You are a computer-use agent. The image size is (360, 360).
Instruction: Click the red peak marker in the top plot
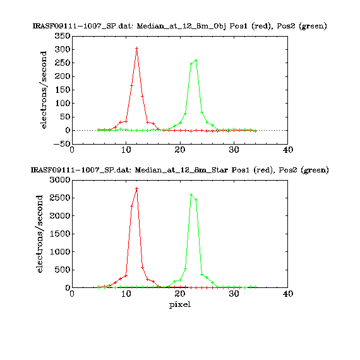coord(137,48)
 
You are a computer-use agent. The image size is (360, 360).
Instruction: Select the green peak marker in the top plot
coord(196,61)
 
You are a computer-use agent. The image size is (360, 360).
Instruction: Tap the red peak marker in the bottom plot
coord(137,188)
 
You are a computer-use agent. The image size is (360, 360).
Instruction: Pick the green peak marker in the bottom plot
coord(191,195)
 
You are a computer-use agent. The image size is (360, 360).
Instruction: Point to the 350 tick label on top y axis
coord(63,36)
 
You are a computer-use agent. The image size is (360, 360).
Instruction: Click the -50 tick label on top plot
coord(62,144)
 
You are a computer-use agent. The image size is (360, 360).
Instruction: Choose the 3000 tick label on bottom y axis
coord(60,180)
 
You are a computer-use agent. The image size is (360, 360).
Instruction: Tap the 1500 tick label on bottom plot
coord(60,234)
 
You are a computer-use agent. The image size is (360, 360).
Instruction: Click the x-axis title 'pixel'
coord(180,304)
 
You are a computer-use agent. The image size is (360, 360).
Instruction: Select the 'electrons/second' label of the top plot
coord(43,90)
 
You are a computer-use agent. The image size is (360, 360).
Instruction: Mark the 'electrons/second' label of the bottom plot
coord(40,234)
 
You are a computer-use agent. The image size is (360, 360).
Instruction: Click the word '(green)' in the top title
coord(313,26)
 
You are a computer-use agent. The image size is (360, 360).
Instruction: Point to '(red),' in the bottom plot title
coord(264,170)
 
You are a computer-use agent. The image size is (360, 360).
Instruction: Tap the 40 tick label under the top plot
coord(288,150)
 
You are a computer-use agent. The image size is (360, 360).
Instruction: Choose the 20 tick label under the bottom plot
coord(180,294)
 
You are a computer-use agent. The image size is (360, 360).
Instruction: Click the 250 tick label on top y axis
coord(63,63)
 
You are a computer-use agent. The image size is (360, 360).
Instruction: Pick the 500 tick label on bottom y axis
coord(63,270)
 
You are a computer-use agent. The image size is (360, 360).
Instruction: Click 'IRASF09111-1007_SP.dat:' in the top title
coord(83,26)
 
